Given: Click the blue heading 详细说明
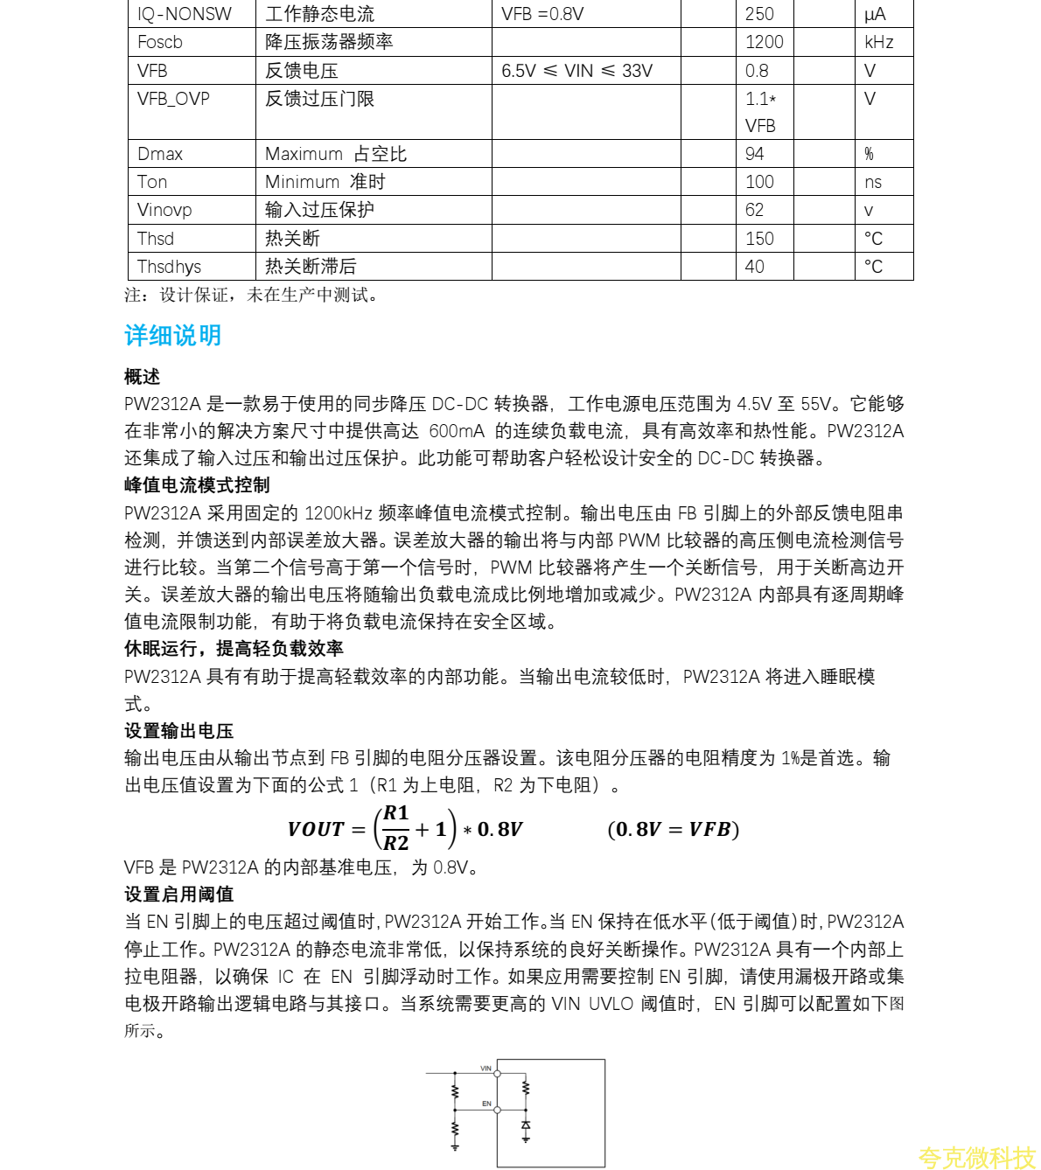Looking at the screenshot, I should (x=172, y=336).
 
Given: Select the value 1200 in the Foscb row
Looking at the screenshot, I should (x=764, y=42).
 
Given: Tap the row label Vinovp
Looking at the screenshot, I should (x=164, y=210).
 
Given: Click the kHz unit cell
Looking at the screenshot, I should (x=878, y=42).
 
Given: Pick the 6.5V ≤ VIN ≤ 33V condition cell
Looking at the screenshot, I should (x=576, y=71).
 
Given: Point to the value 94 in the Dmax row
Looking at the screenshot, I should (x=754, y=154).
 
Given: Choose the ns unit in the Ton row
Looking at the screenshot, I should (x=872, y=182).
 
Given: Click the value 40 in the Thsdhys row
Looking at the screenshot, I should (x=754, y=267).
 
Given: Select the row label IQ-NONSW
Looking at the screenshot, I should (x=185, y=14).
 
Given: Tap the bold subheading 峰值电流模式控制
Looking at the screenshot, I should (x=197, y=485).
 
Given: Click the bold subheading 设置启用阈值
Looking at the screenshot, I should (x=178, y=895).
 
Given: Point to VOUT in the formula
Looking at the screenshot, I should (x=316, y=829).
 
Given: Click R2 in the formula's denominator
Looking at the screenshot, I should (x=395, y=843).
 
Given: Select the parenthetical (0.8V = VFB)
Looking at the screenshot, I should (x=673, y=829).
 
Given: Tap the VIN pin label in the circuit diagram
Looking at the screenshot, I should (x=486, y=1069).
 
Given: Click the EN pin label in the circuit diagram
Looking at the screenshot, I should (x=486, y=1104).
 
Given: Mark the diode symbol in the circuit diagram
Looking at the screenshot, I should (x=526, y=1125).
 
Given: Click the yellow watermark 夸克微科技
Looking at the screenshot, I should (x=976, y=1158).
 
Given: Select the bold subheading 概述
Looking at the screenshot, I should (x=142, y=377).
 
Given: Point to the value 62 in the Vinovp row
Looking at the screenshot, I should (x=754, y=210).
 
